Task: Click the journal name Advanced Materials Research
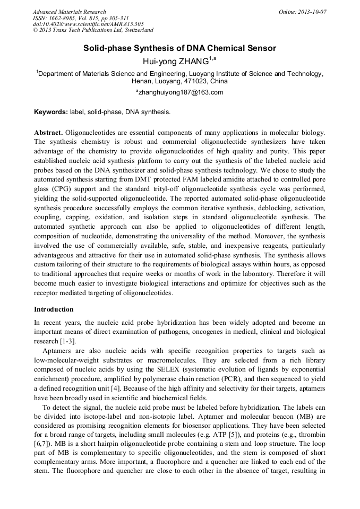pos(70,12)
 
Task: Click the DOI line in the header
pos(88,24)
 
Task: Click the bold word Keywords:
pos(50,112)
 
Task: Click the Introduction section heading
pos(54,309)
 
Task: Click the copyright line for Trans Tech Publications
pos(93,31)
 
